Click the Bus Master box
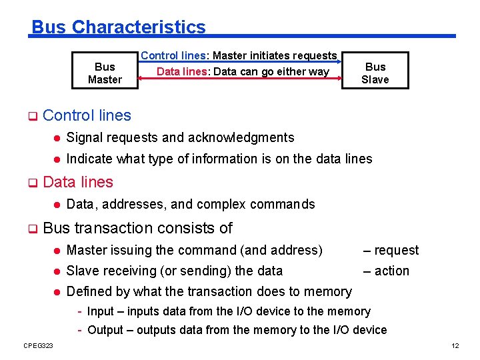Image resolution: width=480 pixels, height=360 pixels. (105, 73)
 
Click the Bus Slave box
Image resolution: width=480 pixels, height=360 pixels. (375, 73)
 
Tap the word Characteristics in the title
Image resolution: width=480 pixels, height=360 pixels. (139, 27)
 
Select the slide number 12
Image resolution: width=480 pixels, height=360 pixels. (455, 345)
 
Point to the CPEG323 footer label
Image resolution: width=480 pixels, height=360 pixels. (38, 345)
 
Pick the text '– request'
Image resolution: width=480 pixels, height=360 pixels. (391, 250)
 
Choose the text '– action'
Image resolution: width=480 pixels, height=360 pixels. (386, 271)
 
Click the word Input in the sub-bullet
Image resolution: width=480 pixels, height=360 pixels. (101, 311)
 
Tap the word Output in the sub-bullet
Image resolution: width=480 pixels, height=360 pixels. (105, 330)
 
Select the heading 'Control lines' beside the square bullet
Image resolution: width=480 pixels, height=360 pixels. (87, 115)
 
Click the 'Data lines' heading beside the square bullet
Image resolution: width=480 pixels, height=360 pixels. (78, 182)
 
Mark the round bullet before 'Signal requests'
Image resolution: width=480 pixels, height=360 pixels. (57, 138)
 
